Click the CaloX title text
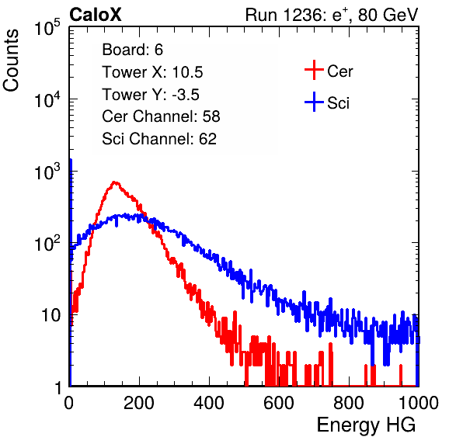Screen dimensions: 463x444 click(95, 15)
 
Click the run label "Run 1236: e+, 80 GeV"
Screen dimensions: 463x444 click(332, 15)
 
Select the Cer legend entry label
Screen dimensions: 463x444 click(339, 71)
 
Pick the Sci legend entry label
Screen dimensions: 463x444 click(339, 103)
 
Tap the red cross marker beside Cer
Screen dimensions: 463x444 click(314, 70)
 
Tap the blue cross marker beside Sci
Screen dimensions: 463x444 click(314, 102)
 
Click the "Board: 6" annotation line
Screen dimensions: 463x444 click(132, 50)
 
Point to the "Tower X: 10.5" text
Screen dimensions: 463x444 click(152, 72)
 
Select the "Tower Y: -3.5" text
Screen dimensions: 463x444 click(151, 95)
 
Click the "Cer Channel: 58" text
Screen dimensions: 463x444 click(161, 116)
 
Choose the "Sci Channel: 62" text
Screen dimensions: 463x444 click(159, 139)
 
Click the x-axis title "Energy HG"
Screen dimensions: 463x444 click(366, 425)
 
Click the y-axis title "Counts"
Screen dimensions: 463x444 click(11, 61)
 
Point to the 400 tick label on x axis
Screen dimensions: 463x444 click(209, 403)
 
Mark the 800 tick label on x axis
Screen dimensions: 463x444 click(349, 403)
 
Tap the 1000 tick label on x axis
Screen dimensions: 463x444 click(419, 403)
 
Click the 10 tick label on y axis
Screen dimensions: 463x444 click(50, 315)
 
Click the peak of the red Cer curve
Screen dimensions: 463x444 click(114, 182)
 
